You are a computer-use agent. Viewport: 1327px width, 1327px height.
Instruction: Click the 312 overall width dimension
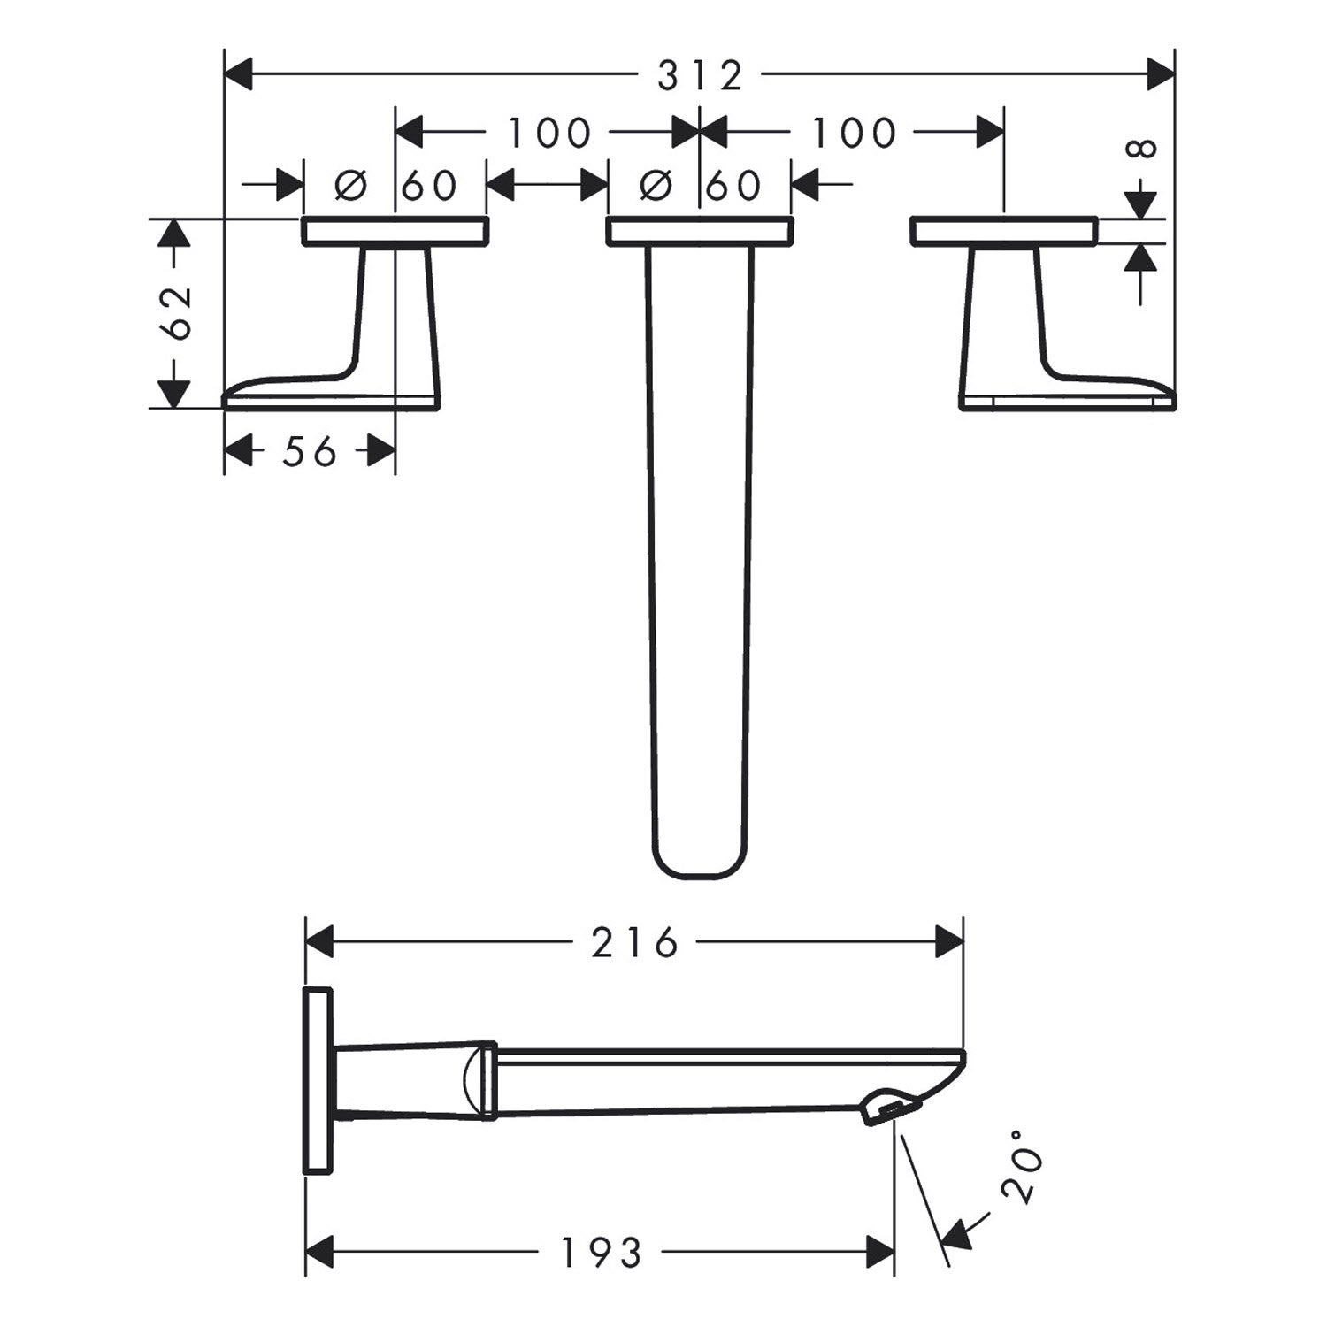tap(700, 75)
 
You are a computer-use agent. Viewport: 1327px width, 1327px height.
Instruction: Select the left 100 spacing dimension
tap(548, 133)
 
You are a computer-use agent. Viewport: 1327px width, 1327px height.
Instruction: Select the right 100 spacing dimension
tap(854, 133)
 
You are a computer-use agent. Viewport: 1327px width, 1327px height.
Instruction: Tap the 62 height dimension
tap(177, 313)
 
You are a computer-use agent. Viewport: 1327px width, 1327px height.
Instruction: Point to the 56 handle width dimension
tap(310, 452)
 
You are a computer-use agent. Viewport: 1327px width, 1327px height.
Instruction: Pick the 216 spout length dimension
tap(634, 942)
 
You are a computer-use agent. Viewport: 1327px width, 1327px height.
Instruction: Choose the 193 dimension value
tap(602, 1252)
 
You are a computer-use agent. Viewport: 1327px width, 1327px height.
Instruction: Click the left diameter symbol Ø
tap(350, 185)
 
